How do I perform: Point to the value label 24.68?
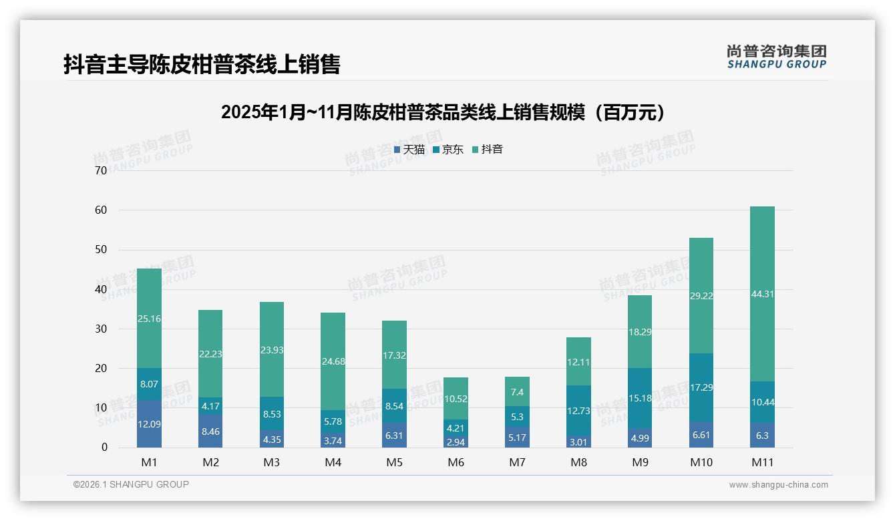tap(333, 361)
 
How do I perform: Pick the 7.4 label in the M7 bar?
tap(518, 392)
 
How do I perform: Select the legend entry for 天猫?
tap(409, 150)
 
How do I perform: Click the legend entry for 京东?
tap(448, 150)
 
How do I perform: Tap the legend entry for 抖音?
tap(488, 150)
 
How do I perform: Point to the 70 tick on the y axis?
tap(101, 170)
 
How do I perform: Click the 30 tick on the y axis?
tap(101, 329)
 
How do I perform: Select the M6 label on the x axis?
tap(456, 462)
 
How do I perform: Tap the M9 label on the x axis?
tap(640, 462)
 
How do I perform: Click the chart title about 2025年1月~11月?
tap(445, 112)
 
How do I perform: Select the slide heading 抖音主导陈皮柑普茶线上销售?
tap(202, 64)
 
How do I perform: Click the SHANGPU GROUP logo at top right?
tap(776, 56)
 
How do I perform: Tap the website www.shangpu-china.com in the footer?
tap(778, 485)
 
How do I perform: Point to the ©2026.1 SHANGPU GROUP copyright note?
tap(131, 484)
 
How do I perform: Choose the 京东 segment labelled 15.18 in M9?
tap(640, 398)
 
